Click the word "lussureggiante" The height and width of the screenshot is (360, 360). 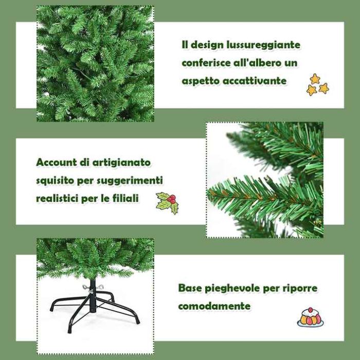tap(263, 45)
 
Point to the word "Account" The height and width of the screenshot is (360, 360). tap(57, 163)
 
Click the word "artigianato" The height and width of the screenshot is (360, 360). tap(121, 163)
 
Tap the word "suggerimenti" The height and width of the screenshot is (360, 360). tap(130, 181)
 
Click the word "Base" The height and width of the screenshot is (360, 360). tap(190, 288)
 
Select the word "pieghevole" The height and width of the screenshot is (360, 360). tap(232, 289)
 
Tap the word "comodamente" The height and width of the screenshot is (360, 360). tap(214, 306)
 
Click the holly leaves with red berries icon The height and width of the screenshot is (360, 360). tap(167, 203)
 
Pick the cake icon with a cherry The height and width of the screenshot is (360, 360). tap(311, 317)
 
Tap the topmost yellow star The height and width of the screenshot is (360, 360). tap(315, 79)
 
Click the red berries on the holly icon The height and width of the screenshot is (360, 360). tap(171, 199)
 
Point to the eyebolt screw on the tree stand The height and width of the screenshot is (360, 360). tap(93, 287)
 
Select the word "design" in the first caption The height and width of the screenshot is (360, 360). tap(207, 45)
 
